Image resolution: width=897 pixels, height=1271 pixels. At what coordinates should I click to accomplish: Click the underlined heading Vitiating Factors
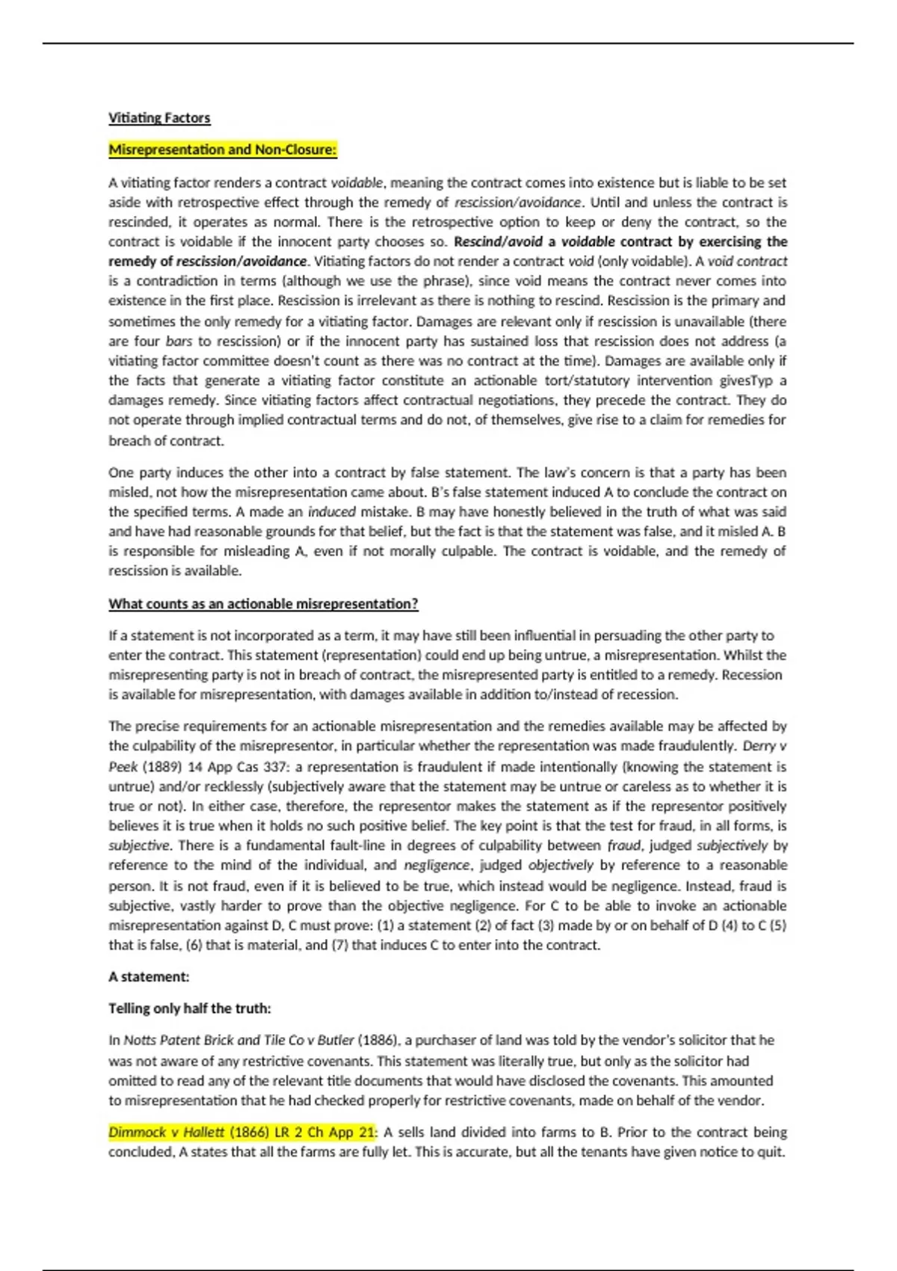pyautogui.click(x=159, y=118)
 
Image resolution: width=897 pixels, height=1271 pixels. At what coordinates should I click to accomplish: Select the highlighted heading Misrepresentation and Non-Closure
pyautogui.click(x=223, y=150)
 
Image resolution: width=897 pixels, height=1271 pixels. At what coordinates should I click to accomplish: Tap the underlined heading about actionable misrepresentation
pyautogui.click(x=263, y=603)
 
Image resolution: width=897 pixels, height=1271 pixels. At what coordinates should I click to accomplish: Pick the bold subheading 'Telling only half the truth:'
pyautogui.click(x=190, y=1008)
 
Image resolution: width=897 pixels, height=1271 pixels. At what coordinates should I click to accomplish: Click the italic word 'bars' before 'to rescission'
pyautogui.click(x=179, y=341)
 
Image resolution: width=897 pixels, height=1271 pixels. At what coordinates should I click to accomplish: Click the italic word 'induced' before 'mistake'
pyautogui.click(x=331, y=512)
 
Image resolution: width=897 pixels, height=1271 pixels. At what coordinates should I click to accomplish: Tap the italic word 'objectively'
pyautogui.click(x=560, y=865)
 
